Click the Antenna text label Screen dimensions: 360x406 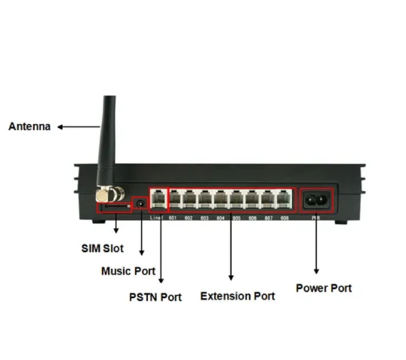[29, 127]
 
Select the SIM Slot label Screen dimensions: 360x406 [103, 248]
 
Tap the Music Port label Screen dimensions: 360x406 [128, 271]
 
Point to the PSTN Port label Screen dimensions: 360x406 [155, 297]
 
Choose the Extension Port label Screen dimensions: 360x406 [237, 296]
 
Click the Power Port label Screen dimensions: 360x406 [323, 288]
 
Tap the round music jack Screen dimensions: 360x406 [141, 204]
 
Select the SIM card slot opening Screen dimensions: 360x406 [115, 207]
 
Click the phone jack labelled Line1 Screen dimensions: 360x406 [157, 198]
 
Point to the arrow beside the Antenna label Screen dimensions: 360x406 [78, 127]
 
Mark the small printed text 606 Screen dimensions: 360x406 [253, 218]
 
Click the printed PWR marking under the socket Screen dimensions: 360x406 [316, 218]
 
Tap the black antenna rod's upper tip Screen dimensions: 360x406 [109, 100]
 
